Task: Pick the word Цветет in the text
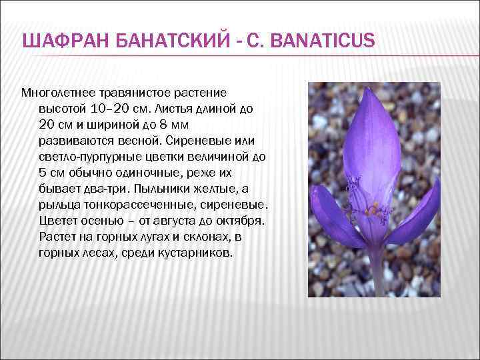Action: [59, 221]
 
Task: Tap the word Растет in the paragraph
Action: [58, 237]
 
